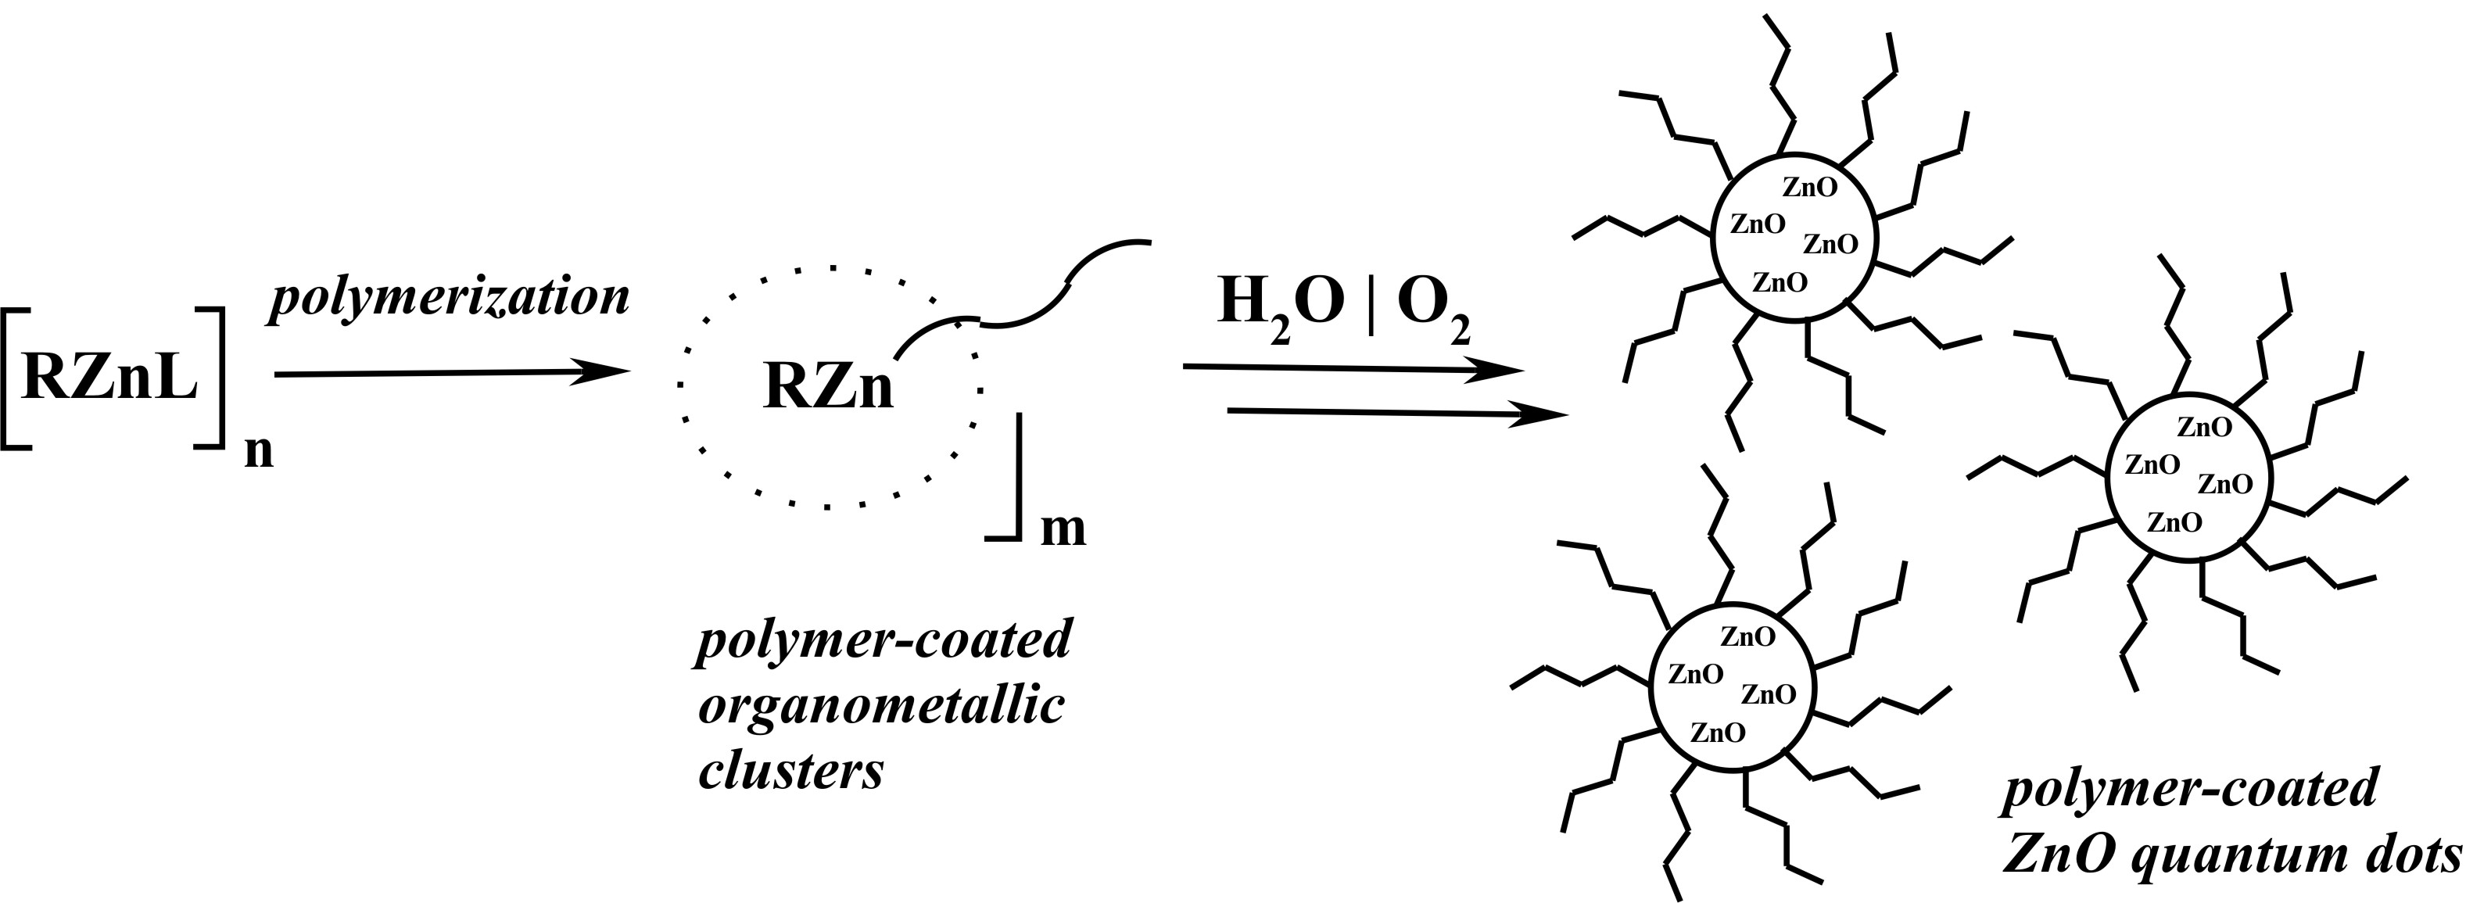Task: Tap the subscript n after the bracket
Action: point(259,452)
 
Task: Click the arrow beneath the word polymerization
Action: point(450,374)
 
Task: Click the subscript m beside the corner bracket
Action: point(1063,529)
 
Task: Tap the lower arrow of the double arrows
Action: point(1398,414)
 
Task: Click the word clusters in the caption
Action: point(790,772)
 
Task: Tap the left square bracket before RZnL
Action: point(16,378)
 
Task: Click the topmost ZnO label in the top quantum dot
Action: point(1810,188)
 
